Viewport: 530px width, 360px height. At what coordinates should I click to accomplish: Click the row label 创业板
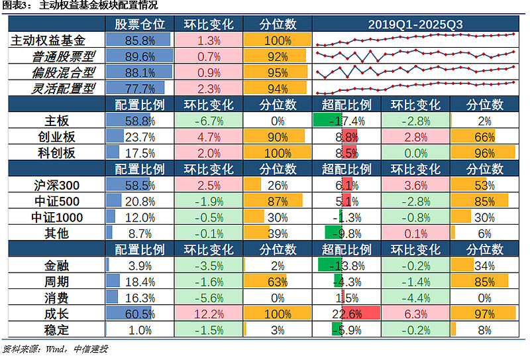[x=56, y=137]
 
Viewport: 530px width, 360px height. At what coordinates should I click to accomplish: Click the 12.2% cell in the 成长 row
[x=208, y=314]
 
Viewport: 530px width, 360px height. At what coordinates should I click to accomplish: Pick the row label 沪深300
[x=56, y=185]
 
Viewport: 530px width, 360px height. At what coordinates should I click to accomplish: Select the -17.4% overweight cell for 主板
[x=347, y=121]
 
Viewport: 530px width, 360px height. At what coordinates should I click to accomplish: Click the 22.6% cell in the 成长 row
[x=347, y=314]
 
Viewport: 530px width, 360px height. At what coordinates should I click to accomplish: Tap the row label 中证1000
[x=56, y=217]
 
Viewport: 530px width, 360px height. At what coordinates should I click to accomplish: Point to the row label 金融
[x=56, y=265]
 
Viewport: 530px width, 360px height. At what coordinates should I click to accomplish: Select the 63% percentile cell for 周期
[x=276, y=282]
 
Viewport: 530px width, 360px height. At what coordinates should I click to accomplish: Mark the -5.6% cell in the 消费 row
[x=208, y=298]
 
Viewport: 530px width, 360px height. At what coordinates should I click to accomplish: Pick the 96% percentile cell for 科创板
[x=484, y=152]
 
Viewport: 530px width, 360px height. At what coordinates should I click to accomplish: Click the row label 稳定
[x=56, y=330]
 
